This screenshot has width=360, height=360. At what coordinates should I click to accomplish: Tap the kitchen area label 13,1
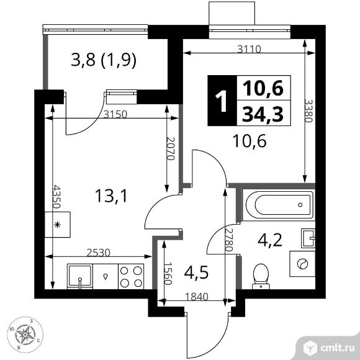click(x=111, y=196)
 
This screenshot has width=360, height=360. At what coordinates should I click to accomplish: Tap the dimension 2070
click(x=171, y=150)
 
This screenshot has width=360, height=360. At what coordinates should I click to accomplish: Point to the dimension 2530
click(x=99, y=251)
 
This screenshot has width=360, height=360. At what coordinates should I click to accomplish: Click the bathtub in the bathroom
click(x=277, y=203)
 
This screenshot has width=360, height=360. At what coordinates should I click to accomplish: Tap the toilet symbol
click(x=261, y=275)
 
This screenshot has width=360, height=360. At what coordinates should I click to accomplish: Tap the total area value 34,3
click(x=262, y=114)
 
